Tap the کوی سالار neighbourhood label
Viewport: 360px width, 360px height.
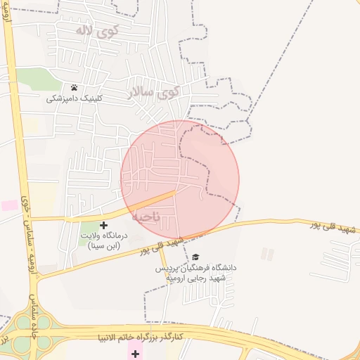[x=155, y=92]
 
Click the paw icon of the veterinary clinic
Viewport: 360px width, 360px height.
[x=74, y=88]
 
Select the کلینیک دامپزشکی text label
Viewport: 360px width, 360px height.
[x=74, y=98]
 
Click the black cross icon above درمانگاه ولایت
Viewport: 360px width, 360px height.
[x=104, y=225]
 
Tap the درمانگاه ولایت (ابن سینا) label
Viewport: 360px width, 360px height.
[x=105, y=241]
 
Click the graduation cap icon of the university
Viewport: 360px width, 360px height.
[x=195, y=257]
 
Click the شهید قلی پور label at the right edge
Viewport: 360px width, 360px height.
[x=335, y=226]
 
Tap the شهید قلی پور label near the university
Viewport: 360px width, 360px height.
[x=161, y=245]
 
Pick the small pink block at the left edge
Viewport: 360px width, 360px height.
[x=9, y=205]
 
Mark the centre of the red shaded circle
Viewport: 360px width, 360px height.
[x=180, y=179]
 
